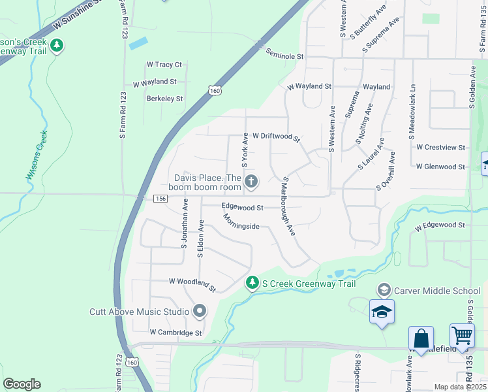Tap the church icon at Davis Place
point(251,181)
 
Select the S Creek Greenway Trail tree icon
point(252,283)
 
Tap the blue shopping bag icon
point(421,338)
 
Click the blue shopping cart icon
point(462,336)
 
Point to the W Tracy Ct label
point(164,65)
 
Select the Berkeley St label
point(164,99)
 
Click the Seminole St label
point(285,57)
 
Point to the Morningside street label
point(241,221)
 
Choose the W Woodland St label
point(192,283)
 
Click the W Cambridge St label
point(175,333)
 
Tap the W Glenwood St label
point(440,167)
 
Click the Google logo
point(22,384)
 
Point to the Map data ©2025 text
point(460,387)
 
